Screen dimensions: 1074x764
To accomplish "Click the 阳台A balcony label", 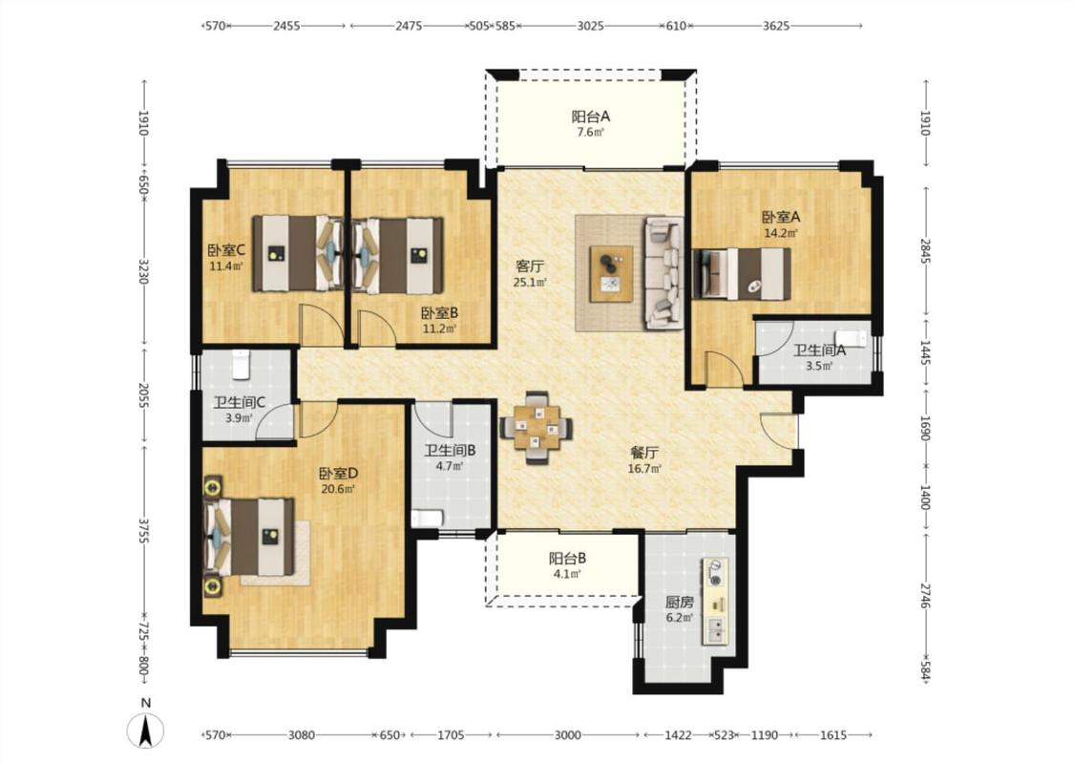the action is (x=590, y=117).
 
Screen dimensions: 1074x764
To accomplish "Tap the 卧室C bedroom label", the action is (x=226, y=251).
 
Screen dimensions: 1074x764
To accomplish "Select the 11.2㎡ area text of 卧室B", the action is (x=439, y=329).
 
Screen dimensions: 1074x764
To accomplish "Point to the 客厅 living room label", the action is (x=530, y=265).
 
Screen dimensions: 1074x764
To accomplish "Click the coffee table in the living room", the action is (x=612, y=274).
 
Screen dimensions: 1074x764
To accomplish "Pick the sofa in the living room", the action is (x=663, y=273).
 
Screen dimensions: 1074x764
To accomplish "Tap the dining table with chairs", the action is (x=537, y=428).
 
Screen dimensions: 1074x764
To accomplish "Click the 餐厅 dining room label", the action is (x=644, y=453).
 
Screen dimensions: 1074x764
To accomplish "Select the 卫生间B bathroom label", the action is (x=450, y=451).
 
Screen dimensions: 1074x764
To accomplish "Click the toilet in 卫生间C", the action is (x=241, y=365).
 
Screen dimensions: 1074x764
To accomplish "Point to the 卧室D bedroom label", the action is (x=338, y=474).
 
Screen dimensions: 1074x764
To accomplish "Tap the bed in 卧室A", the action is (x=742, y=274).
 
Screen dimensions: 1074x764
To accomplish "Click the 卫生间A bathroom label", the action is (x=819, y=350).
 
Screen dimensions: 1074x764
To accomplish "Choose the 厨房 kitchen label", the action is (x=680, y=603).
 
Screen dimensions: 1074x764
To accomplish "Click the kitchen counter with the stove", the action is (x=714, y=601).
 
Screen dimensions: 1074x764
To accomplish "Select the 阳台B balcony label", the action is (x=567, y=558).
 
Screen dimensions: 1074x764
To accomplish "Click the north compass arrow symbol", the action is (x=145, y=729).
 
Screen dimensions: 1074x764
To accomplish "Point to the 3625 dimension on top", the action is (x=776, y=26).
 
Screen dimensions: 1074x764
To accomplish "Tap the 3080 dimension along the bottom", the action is (x=301, y=735).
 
